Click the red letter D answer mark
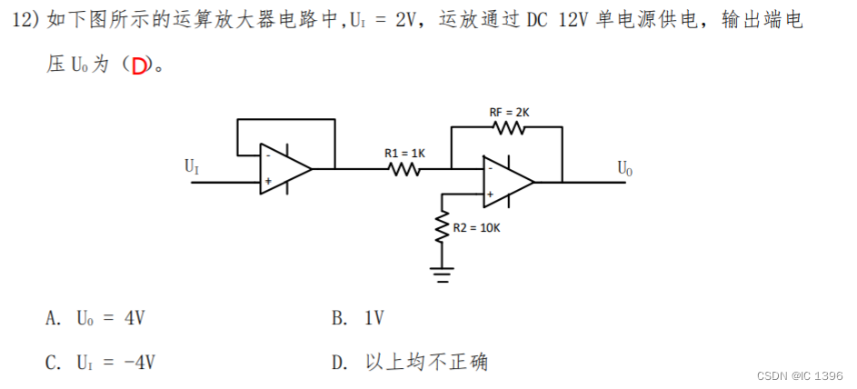[138, 66]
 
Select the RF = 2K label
[509, 112]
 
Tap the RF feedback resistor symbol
[509, 128]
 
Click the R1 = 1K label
[404, 153]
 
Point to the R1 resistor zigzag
[404, 168]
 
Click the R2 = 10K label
[476, 227]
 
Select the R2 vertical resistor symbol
[443, 227]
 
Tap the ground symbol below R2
[443, 274]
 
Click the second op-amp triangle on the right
[507, 182]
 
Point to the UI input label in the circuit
[192, 166]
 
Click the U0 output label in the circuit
[625, 167]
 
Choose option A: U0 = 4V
[95, 318]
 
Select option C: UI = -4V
[100, 363]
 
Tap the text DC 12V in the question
[557, 21]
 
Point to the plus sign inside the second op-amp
[490, 194]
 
